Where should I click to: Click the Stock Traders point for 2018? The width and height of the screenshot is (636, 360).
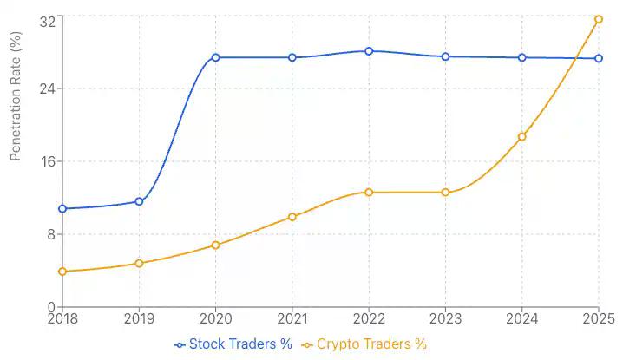pyautogui.click(x=62, y=209)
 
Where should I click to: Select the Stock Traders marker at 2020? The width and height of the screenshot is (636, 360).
pyautogui.click(x=215, y=57)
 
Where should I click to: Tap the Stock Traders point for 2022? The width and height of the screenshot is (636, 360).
pyautogui.click(x=369, y=51)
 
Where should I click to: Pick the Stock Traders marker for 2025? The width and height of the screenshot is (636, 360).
pyautogui.click(x=599, y=58)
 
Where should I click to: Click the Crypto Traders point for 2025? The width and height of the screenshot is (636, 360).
pyautogui.click(x=599, y=19)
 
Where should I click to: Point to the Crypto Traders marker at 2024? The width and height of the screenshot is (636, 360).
pyautogui.click(x=522, y=137)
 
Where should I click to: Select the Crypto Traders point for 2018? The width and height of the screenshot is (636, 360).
pyautogui.click(x=62, y=272)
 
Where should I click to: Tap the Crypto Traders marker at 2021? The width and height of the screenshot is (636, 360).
pyautogui.click(x=292, y=217)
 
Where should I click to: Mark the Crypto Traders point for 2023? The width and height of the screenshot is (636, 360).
pyautogui.click(x=445, y=193)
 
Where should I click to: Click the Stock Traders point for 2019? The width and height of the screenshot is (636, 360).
pyautogui.click(x=139, y=201)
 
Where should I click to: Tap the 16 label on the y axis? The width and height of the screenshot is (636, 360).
pyautogui.click(x=48, y=161)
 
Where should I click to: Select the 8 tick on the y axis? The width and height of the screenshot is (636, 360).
pyautogui.click(x=51, y=234)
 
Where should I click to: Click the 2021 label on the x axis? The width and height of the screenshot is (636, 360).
pyautogui.click(x=292, y=319)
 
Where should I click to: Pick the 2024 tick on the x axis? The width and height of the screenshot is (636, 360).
pyautogui.click(x=522, y=319)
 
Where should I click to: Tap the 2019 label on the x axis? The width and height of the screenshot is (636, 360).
pyautogui.click(x=139, y=319)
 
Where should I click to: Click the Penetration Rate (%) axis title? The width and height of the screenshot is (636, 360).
pyautogui.click(x=15, y=95)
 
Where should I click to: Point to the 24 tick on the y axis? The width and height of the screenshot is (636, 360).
pyautogui.click(x=48, y=88)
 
